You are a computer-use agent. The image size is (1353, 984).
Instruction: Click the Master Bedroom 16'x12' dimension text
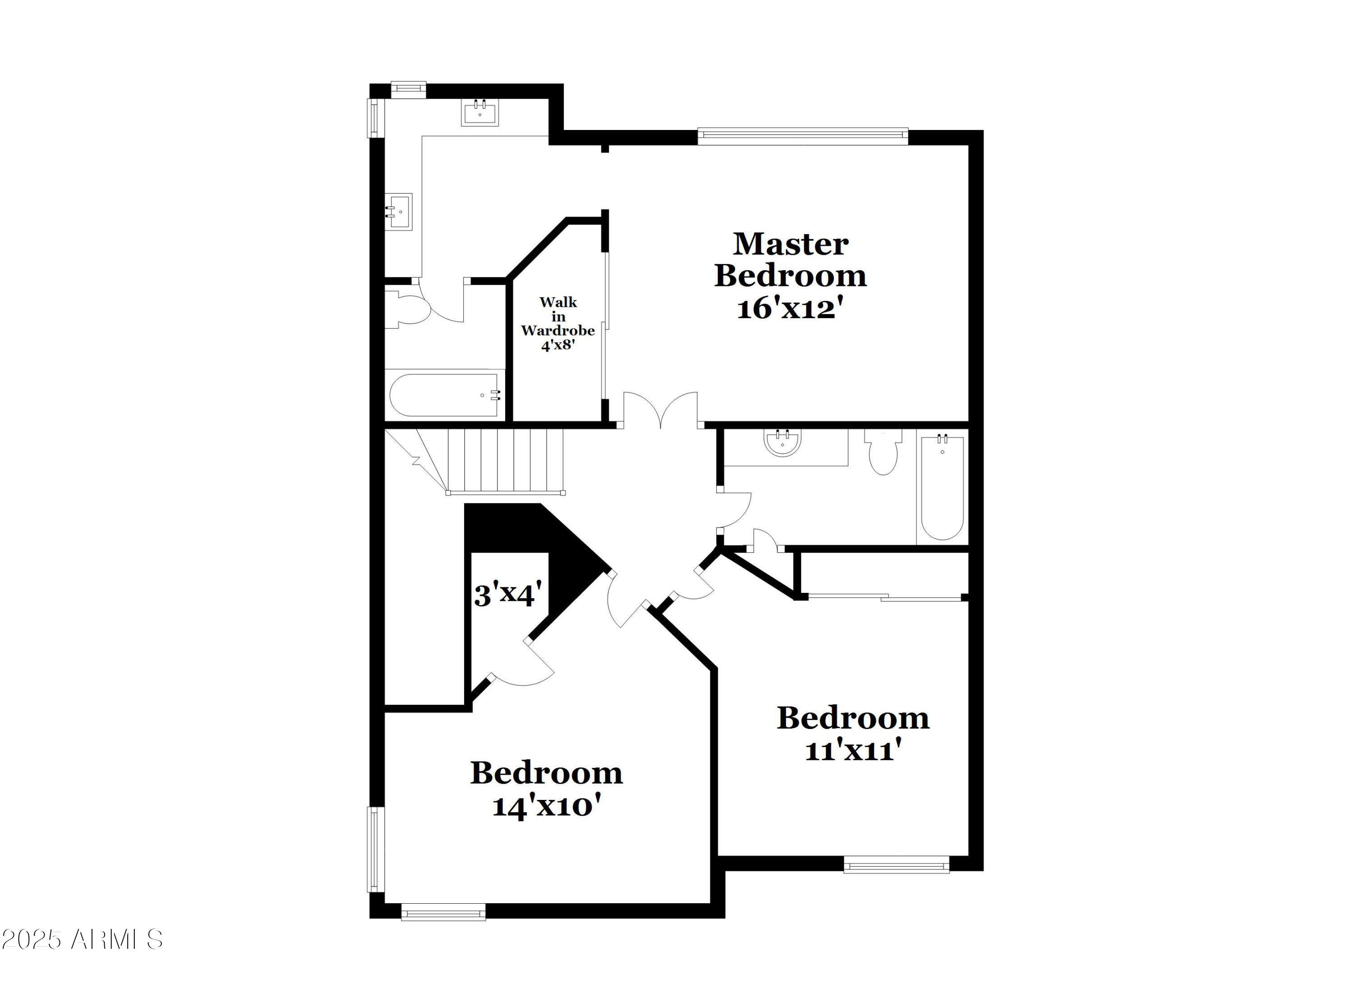pyautogui.click(x=791, y=309)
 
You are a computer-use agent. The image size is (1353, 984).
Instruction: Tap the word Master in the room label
pyautogui.click(x=791, y=244)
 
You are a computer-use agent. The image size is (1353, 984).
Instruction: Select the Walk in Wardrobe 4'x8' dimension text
pyautogui.click(x=558, y=345)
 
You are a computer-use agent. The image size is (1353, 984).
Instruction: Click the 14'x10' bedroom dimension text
pyautogui.click(x=546, y=806)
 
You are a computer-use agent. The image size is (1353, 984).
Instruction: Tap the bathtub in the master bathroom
pyautogui.click(x=444, y=394)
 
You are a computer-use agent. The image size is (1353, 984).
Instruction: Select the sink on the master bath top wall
pyautogui.click(x=479, y=113)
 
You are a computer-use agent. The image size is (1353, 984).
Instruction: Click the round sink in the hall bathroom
pyautogui.click(x=782, y=442)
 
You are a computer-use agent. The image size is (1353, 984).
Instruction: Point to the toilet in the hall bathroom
pyautogui.click(x=883, y=453)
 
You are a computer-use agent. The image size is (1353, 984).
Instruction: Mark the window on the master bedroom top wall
pyautogui.click(x=802, y=137)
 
